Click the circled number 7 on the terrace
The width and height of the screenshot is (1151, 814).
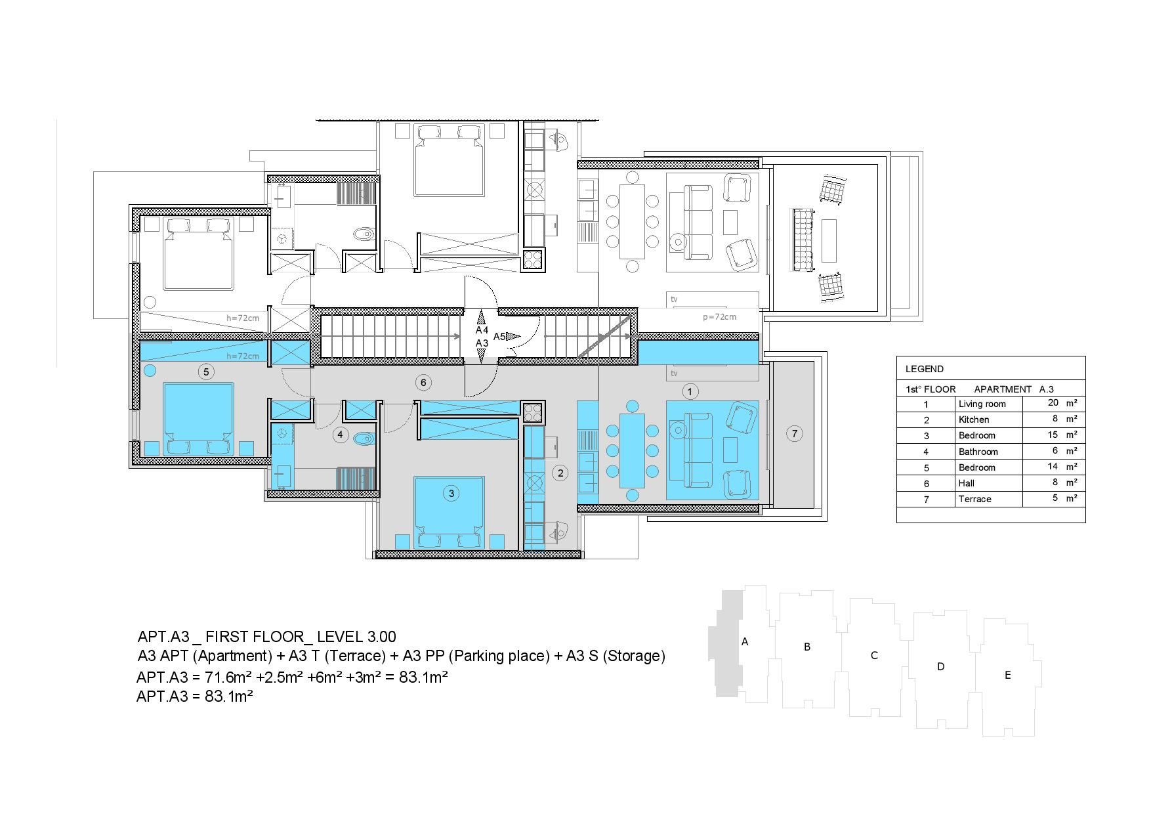tap(795, 433)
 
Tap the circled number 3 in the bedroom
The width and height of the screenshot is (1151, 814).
tap(451, 493)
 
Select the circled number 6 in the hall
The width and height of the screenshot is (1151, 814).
tap(423, 382)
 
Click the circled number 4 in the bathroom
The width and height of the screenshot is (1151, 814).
tap(340, 434)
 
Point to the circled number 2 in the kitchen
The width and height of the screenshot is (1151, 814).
tap(560, 472)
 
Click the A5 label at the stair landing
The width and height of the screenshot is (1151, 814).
tap(499, 337)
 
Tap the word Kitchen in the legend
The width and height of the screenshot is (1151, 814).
tap(974, 419)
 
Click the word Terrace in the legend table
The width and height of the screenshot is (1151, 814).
tap(974, 499)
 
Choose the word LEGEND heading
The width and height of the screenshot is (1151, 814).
tap(925, 369)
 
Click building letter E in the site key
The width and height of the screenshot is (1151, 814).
tap(1008, 675)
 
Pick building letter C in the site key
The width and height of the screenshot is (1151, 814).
tap(874, 655)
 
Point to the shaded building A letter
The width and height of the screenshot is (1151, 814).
tap(745, 641)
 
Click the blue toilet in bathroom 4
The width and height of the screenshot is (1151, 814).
tap(363, 439)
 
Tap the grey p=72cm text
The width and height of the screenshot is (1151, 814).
tap(719, 316)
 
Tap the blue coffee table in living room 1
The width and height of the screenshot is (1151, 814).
tap(730, 450)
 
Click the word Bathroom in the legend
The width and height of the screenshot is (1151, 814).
tap(978, 452)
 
